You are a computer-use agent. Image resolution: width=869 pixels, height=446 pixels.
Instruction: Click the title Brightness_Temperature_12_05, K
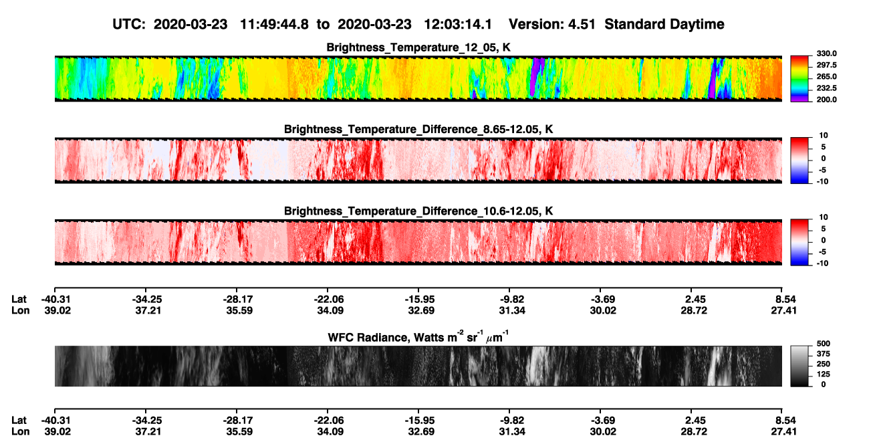(x=418, y=47)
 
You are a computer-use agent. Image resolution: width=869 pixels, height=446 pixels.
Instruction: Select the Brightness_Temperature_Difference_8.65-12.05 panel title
(x=418, y=129)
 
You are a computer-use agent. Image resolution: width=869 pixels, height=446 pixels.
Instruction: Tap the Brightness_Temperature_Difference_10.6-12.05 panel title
(x=418, y=211)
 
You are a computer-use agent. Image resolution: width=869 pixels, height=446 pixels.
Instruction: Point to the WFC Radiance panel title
(x=418, y=337)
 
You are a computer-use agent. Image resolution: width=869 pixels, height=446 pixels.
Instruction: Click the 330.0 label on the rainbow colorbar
(x=826, y=53)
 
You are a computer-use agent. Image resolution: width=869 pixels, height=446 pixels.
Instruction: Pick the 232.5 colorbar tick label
(x=826, y=88)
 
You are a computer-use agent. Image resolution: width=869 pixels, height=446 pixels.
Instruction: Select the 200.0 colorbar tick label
(x=826, y=100)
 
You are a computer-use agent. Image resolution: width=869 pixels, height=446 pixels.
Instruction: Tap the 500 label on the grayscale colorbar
(x=824, y=344)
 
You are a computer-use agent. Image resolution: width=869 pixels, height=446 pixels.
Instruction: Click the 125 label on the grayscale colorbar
(x=824, y=374)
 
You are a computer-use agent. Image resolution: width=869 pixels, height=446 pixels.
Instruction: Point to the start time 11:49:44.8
(x=274, y=24)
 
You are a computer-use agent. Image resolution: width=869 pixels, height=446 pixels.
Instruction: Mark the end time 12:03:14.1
(x=458, y=24)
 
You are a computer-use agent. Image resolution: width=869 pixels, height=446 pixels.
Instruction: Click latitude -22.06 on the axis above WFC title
(x=328, y=300)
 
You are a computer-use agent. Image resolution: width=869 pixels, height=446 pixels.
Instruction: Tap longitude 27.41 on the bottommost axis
(x=783, y=432)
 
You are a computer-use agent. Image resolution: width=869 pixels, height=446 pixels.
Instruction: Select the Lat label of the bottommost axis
(x=19, y=421)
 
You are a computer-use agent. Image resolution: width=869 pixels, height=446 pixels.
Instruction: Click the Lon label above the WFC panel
(x=20, y=310)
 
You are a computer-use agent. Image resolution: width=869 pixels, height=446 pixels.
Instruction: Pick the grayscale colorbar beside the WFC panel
(x=799, y=366)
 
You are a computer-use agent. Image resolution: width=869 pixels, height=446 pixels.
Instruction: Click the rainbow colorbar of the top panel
(x=799, y=79)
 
